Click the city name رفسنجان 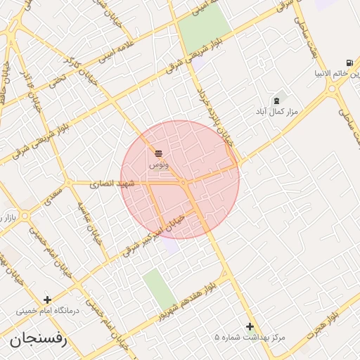tap(38, 340)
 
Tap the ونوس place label tap(158, 164)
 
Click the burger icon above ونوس tap(158, 153)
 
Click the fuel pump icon tap(349, 63)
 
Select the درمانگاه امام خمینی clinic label tap(48, 310)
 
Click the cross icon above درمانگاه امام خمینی tap(48, 300)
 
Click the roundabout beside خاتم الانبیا tap(331, 88)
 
